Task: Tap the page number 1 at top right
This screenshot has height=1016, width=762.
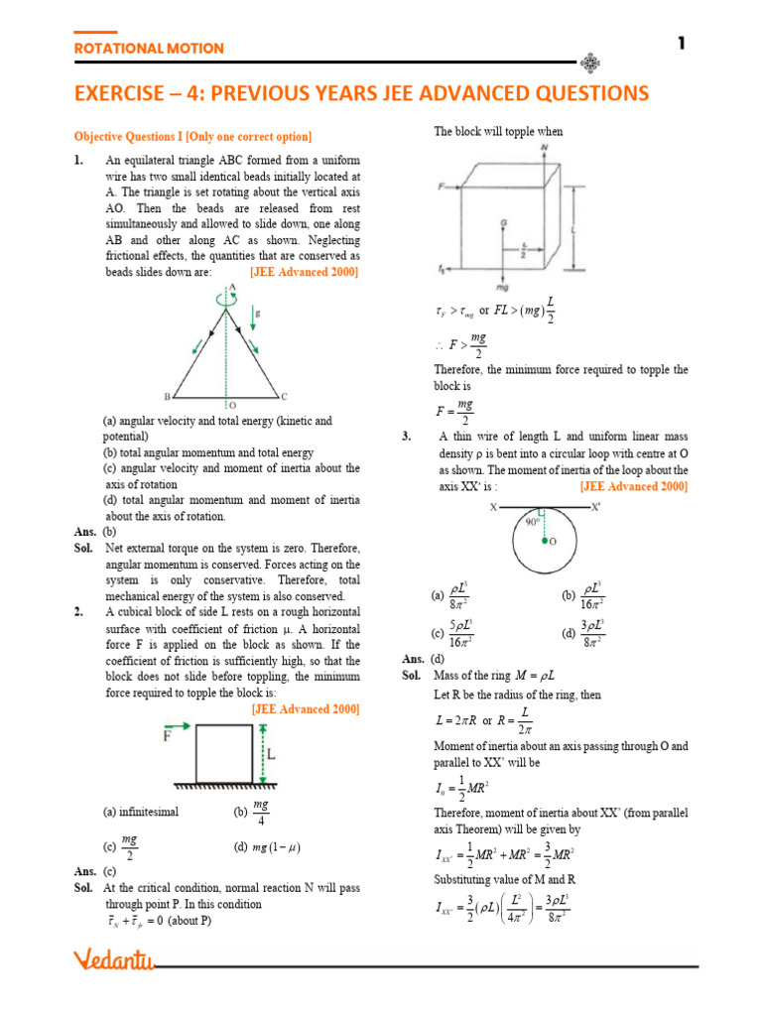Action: pos(683,43)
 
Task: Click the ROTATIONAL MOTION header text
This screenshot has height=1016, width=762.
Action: pos(149,48)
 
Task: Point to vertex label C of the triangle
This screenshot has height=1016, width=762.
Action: pos(285,394)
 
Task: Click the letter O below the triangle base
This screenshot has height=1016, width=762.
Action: pos(232,405)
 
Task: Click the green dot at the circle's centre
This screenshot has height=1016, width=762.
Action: pos(545,542)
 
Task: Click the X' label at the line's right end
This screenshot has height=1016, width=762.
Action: pos(594,507)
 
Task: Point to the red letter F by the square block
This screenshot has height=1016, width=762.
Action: pos(168,736)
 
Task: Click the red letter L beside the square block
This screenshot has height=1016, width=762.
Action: pos(270,755)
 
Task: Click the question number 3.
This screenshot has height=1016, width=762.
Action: pos(407,437)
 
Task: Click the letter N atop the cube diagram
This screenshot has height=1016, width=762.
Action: pos(545,149)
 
